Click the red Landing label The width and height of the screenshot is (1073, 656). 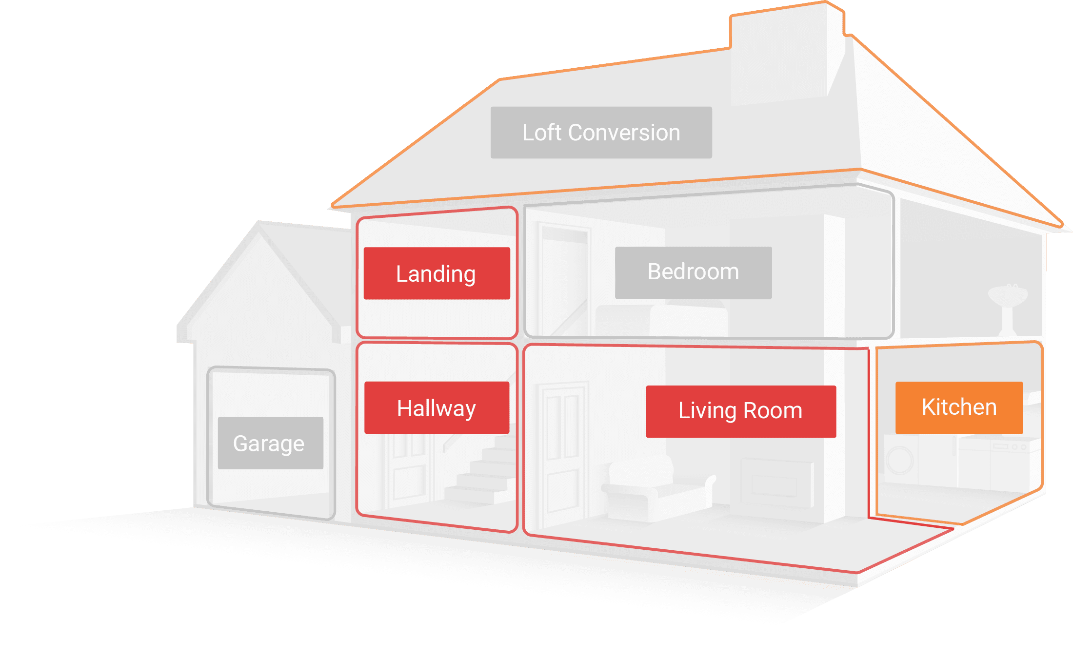[437, 273]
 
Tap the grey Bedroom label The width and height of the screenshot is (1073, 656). [693, 272]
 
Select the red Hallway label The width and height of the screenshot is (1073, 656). [437, 408]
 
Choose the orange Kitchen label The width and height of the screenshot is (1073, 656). [959, 407]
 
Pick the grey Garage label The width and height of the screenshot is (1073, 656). [270, 443]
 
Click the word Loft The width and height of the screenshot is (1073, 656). [541, 133]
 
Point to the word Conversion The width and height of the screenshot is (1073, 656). [624, 133]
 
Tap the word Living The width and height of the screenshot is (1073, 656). [707, 411]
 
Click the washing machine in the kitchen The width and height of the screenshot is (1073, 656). [899, 460]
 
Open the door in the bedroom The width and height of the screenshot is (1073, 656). [563, 278]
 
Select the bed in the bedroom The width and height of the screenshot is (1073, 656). [663, 319]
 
